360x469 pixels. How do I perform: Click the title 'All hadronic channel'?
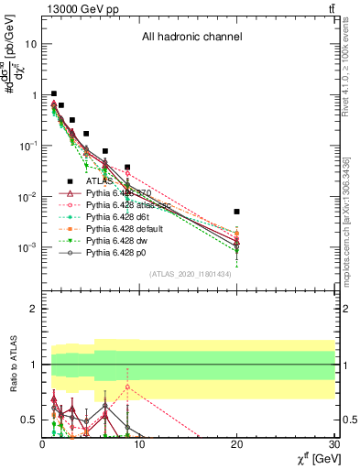pyautogui.click(x=191, y=38)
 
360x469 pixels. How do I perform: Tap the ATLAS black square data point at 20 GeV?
pyautogui.click(x=236, y=212)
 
